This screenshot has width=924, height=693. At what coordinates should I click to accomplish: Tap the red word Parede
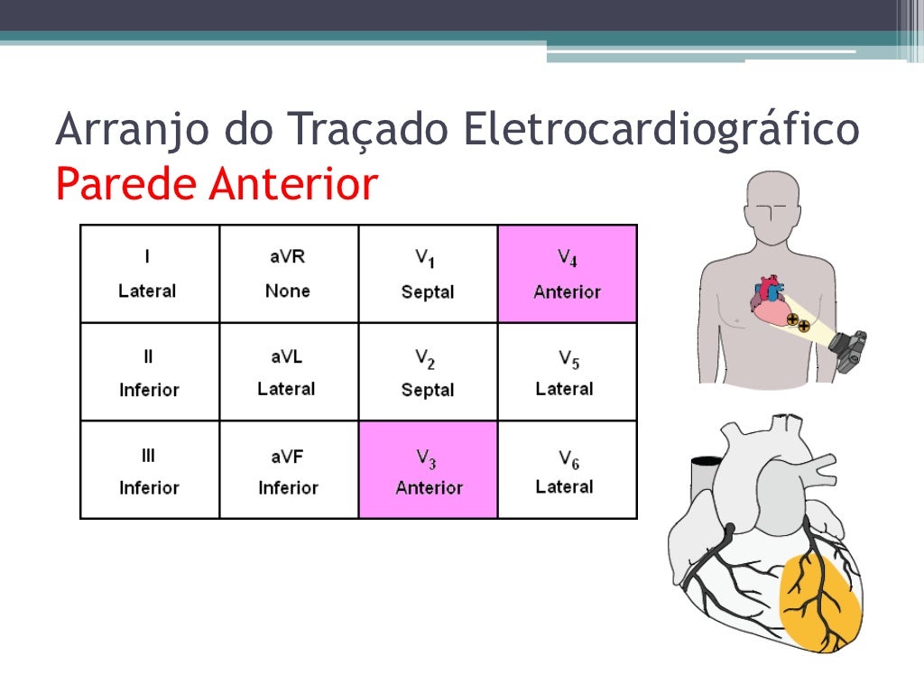coord(125,184)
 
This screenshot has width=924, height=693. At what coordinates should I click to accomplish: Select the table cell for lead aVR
coord(289,273)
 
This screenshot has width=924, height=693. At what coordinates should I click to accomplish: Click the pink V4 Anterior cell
coord(567,273)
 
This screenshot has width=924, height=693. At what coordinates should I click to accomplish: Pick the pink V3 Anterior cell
coord(428,469)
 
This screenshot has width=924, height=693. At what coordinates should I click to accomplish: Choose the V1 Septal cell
coord(428,273)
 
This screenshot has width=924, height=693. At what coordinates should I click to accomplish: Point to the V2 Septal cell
coord(428,372)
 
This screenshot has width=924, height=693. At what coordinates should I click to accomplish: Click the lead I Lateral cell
coord(150,273)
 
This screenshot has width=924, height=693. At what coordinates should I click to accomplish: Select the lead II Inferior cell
coord(150,372)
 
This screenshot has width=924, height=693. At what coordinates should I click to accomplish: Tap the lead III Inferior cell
coord(150,469)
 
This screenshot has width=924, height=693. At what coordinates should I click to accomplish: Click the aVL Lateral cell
coord(289,372)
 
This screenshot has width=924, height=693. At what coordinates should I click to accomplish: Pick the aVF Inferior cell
coord(289,469)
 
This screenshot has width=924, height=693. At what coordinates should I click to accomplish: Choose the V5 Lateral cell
coord(567,372)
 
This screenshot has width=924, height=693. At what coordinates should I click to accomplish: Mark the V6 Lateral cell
coord(567,469)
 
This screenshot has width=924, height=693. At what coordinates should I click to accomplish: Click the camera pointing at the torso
coord(849,349)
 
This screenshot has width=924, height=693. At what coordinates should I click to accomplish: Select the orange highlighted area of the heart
coord(818,600)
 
